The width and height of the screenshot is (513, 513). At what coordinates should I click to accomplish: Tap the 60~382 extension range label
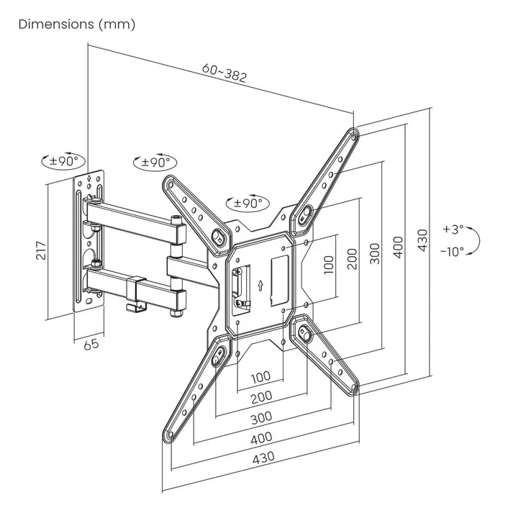coord(224,73)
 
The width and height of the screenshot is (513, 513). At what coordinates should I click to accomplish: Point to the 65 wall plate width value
coord(91,343)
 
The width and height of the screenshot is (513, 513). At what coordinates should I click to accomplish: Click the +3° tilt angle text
coord(453,230)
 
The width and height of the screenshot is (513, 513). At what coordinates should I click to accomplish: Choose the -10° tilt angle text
coord(453,251)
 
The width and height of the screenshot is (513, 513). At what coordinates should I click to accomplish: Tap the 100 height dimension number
coord(328,265)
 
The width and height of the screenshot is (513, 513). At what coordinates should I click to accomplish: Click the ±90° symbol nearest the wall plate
coord(63,161)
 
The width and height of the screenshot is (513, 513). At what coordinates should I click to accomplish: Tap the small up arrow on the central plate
coord(260,285)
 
